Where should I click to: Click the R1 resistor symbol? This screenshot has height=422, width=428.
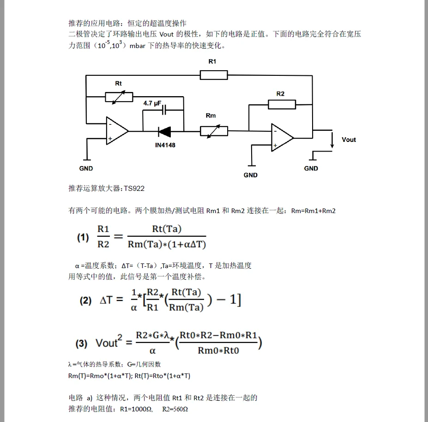click(214, 75)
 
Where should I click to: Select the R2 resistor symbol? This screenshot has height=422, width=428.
click(282, 104)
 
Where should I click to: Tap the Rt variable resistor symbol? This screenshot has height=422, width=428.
click(119, 97)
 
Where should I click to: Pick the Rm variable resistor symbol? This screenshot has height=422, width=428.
click(214, 131)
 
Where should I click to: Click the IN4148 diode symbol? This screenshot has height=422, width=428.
click(164, 131)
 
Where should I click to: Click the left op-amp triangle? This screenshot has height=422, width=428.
click(116, 131)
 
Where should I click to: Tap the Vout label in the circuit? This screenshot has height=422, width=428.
click(349, 140)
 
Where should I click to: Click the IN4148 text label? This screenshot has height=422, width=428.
click(165, 145)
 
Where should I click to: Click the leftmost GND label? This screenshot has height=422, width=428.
click(86, 169)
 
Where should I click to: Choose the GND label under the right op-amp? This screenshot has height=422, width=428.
click(251, 175)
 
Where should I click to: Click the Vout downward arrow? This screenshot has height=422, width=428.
click(332, 141)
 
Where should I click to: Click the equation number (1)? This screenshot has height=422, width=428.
click(83, 238)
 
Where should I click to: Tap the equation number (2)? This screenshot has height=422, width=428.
click(85, 300)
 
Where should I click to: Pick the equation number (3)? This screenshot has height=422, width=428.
click(81, 343)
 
